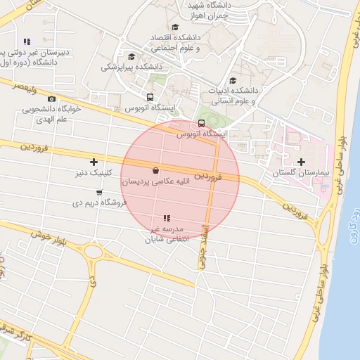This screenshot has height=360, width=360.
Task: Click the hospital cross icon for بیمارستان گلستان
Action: pos(302,162)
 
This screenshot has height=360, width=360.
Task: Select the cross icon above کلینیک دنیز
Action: pos(93,162)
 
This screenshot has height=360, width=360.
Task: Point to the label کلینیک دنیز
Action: pos(93,172)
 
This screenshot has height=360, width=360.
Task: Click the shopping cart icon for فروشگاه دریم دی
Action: pos(99,192)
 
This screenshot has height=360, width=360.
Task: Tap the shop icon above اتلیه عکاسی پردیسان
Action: pos(155,170)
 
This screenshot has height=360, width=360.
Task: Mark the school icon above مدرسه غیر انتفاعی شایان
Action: pos(167,219)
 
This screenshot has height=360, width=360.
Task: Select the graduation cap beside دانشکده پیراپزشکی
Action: pos(131,57)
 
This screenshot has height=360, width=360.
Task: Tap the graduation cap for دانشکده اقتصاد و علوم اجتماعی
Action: pos(174,27)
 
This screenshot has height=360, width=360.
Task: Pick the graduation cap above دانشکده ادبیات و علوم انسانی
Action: pos(233,80)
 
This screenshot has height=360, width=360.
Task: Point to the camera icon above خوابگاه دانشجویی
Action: pos(52,99)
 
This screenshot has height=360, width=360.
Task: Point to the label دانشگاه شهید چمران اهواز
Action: pos(210,10)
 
